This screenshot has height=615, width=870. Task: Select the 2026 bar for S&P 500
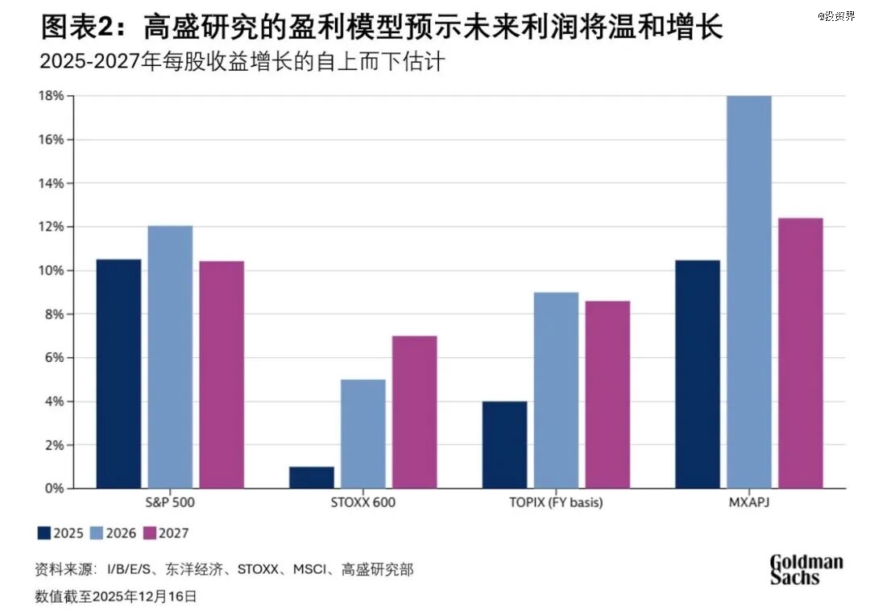coord(170,357)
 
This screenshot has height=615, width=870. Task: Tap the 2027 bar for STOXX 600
coord(415,412)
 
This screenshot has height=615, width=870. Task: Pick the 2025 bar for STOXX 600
coord(312,477)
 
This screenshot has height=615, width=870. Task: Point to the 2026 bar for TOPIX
coord(556,390)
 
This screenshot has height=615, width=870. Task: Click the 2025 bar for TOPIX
coord(504,444)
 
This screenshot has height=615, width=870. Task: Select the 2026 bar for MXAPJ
coord(749,292)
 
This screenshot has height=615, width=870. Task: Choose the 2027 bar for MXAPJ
coord(801,353)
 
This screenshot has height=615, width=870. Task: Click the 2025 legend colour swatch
coord(43,533)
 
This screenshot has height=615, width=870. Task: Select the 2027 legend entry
coord(164,533)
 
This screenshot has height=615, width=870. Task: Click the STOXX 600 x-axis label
coord(363,503)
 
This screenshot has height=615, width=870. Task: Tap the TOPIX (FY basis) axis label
coord(556,503)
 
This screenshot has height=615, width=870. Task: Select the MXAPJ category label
coord(749,503)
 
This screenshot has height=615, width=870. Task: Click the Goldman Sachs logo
coord(806,569)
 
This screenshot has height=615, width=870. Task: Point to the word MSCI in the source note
coord(309,570)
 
